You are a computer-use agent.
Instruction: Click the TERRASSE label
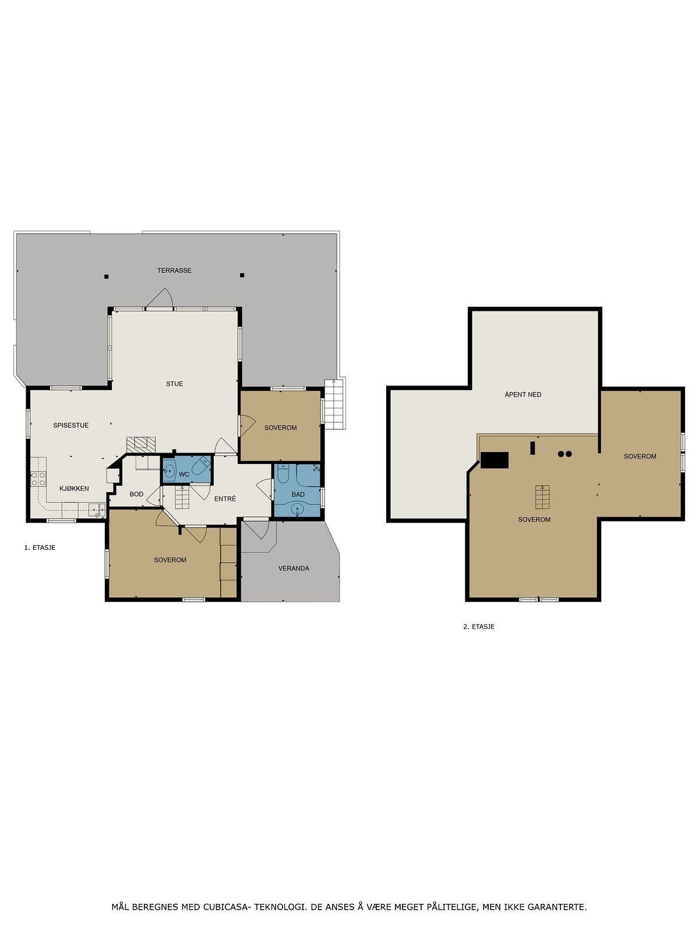tap(174, 271)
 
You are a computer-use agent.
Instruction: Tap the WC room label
tap(184, 475)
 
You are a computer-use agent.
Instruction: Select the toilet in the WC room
tap(201, 468)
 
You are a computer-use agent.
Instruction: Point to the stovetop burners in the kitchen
tap(38, 479)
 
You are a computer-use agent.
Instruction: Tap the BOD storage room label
tap(136, 494)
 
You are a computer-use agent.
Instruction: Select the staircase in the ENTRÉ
tap(182, 499)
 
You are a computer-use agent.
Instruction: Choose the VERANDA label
tap(294, 569)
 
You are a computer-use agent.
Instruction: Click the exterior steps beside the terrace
tap(334, 404)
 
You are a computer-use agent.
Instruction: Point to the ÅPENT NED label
tap(523, 395)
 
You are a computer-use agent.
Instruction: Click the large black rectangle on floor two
tap(495, 460)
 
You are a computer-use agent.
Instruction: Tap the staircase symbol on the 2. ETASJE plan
tap(542, 497)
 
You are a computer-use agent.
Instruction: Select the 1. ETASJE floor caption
tap(40, 548)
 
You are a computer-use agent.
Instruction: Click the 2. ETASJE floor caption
tap(479, 627)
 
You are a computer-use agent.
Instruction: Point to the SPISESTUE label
tap(71, 426)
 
